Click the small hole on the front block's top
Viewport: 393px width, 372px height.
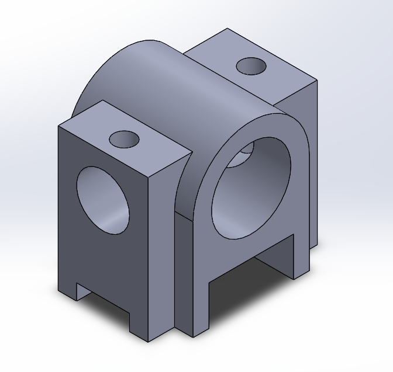(x=124, y=139)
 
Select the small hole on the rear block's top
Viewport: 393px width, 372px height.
(x=251, y=65)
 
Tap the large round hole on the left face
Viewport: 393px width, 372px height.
(x=103, y=200)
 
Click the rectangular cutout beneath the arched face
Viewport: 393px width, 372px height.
(x=251, y=280)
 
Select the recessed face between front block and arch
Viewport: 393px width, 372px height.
(x=183, y=274)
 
